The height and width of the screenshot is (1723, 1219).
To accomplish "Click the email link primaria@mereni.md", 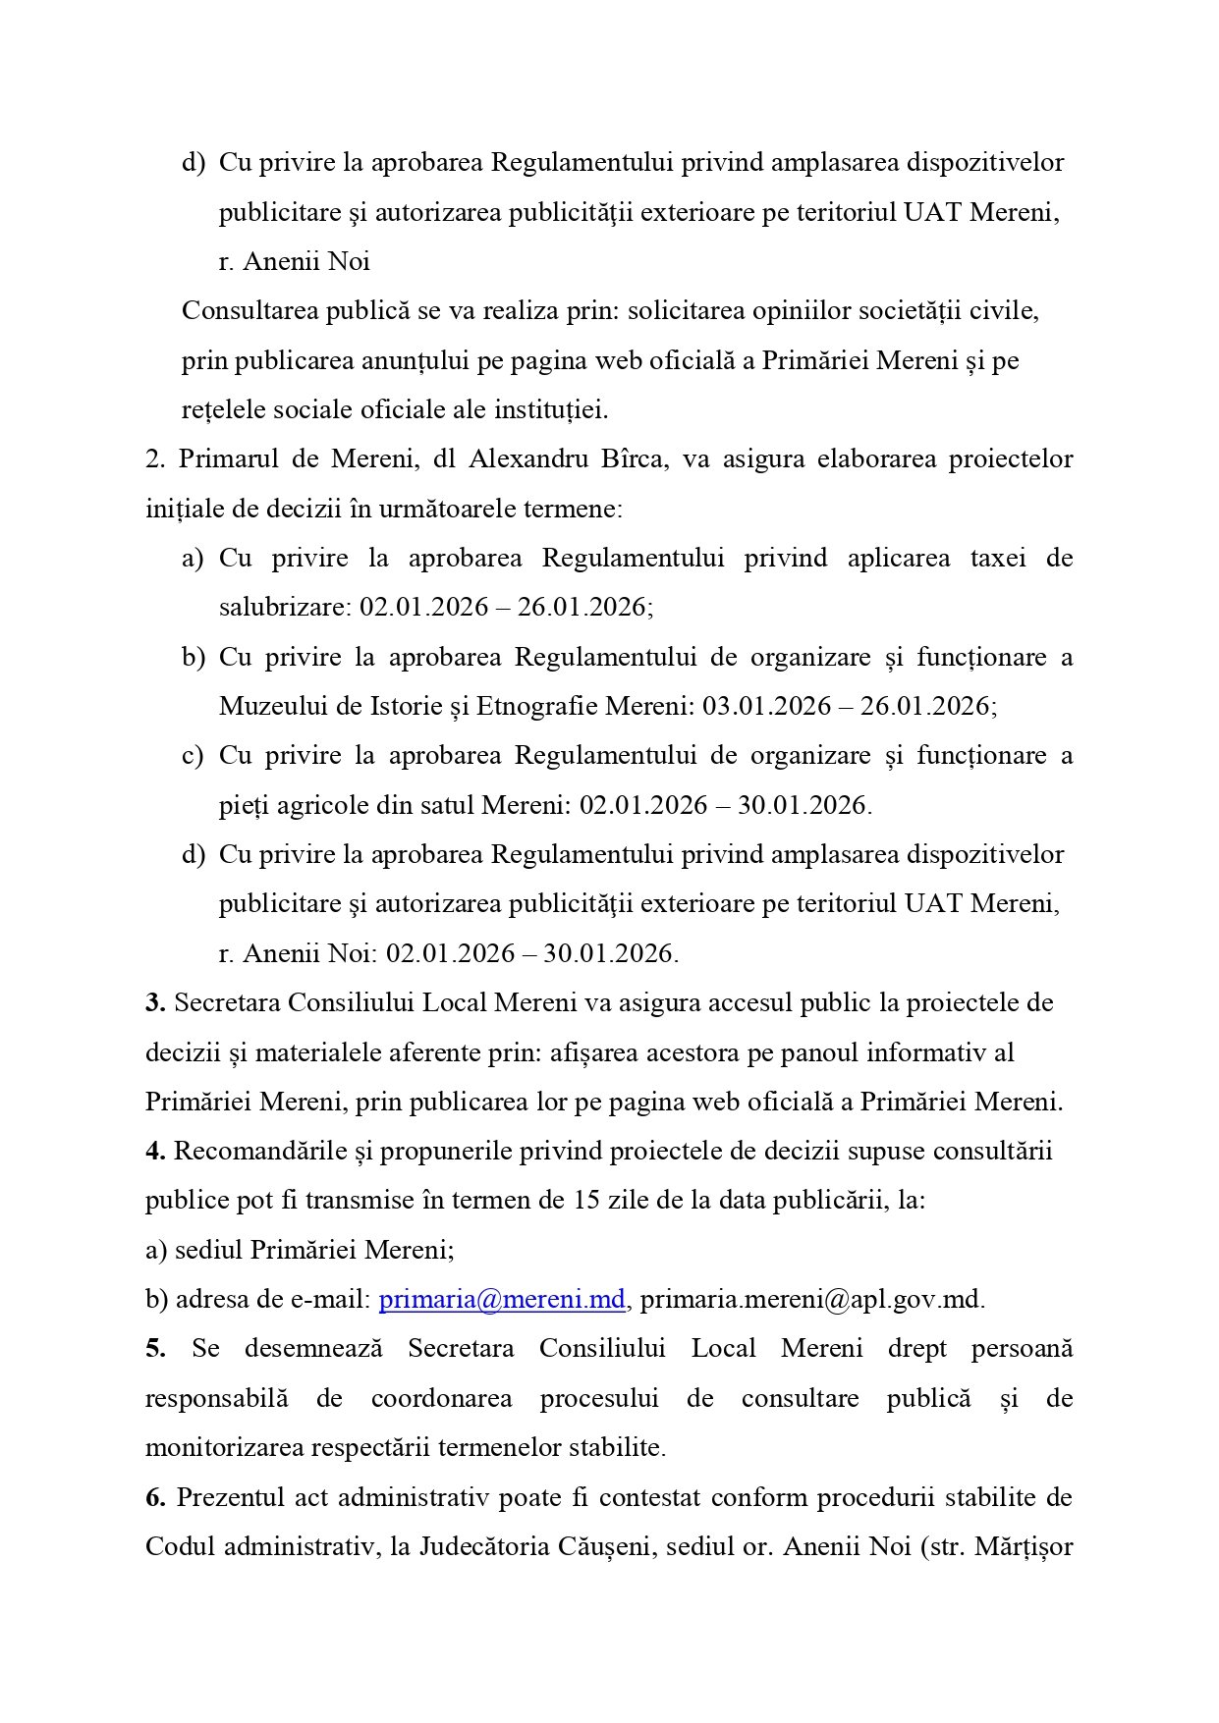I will pyautogui.click(x=502, y=1299).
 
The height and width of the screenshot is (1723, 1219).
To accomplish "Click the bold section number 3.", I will pyautogui.click(x=154, y=1002).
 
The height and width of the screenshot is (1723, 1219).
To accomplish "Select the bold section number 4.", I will pyautogui.click(x=154, y=1151).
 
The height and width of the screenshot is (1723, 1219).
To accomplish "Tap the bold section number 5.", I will pyautogui.click(x=154, y=1348).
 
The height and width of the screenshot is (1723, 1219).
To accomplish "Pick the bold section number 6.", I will pyautogui.click(x=154, y=1497).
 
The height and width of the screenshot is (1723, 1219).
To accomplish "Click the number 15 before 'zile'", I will pyautogui.click(x=586, y=1200).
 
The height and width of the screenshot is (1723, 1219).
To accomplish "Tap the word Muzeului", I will pyautogui.click(x=267, y=706).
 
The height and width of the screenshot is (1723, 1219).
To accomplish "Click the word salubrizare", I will pyautogui.click(x=284, y=607).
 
